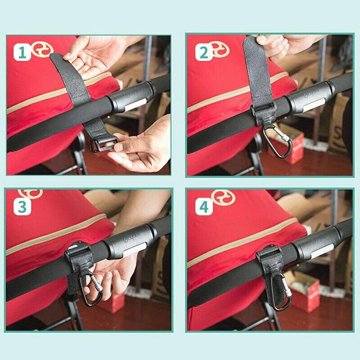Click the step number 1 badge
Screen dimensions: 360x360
(22, 53)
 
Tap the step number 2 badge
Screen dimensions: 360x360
(203, 53)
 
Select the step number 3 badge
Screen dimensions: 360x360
(22, 207)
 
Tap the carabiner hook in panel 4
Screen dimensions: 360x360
(281, 292)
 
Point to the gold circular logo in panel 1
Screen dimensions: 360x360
(42, 49)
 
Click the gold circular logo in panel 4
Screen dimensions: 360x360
(223, 198)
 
